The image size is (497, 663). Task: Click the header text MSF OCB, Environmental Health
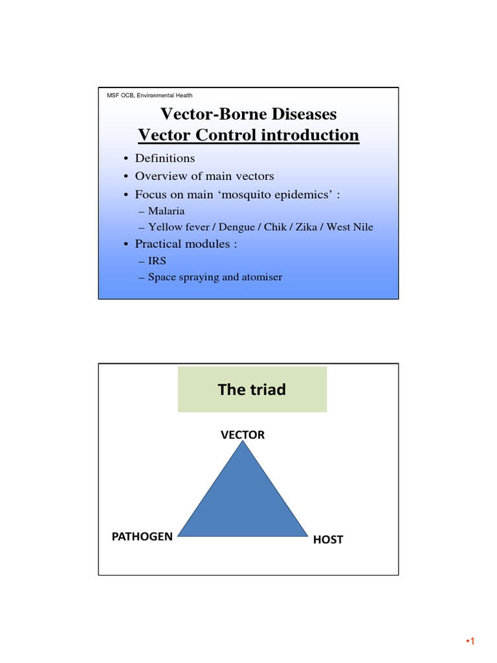(149, 95)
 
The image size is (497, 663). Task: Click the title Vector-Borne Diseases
(248, 115)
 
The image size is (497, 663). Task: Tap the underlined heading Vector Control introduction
(248, 135)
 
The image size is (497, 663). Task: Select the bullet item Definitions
(164, 159)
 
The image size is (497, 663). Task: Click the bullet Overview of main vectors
(204, 176)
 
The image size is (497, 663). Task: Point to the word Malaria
(166, 211)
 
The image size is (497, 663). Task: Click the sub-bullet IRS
(157, 261)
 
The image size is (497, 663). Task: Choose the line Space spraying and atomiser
(215, 278)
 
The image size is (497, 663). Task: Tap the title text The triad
(252, 390)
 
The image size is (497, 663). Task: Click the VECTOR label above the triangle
(243, 435)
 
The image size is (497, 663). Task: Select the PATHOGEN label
(142, 536)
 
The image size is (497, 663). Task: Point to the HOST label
(328, 539)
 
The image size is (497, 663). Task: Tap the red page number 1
(472, 642)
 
